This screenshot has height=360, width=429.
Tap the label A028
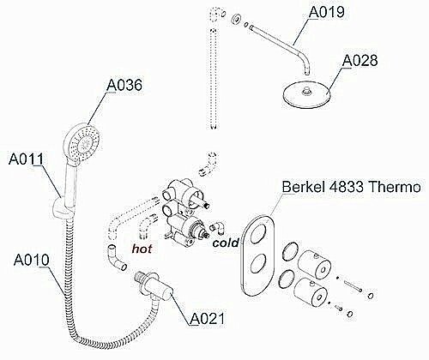pyautogui.click(x=361, y=61)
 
